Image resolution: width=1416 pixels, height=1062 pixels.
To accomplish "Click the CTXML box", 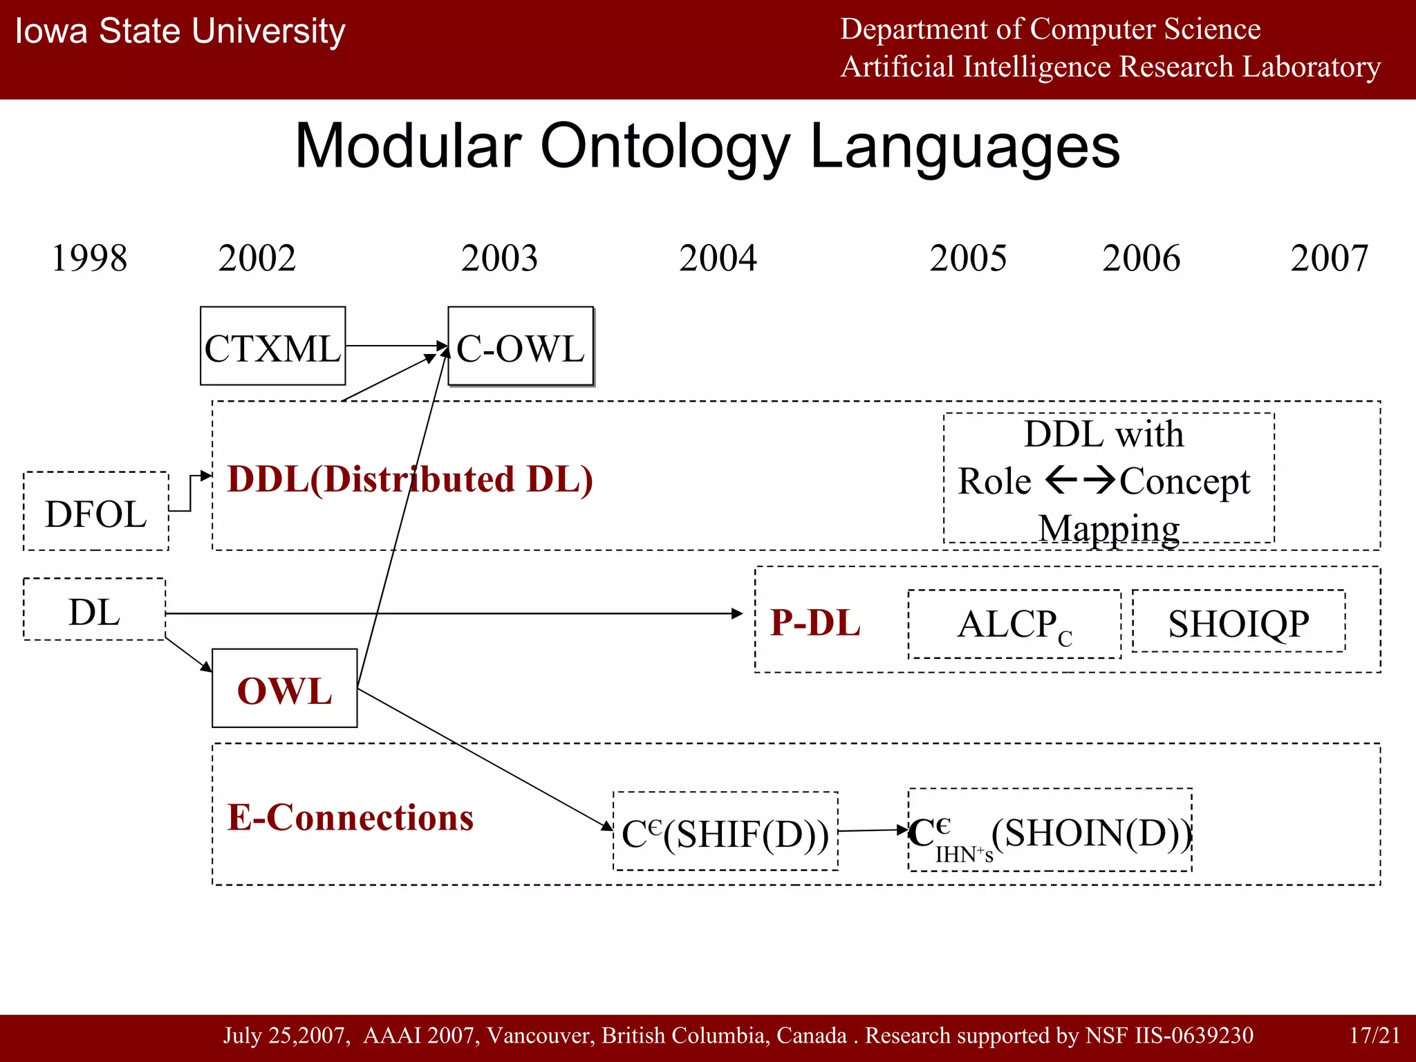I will click(x=272, y=346).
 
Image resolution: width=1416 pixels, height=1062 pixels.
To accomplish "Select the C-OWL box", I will click(x=521, y=346).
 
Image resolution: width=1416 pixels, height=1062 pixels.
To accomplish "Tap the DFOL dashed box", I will click(x=96, y=512).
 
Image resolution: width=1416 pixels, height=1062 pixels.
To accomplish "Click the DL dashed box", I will click(x=95, y=611).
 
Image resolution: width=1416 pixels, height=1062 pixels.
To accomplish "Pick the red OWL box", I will click(x=284, y=689).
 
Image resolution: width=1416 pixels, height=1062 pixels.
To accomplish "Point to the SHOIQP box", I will click(x=1238, y=622).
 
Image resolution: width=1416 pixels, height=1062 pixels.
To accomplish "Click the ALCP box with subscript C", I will click(x=1014, y=624).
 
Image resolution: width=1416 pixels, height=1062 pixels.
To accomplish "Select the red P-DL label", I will click(x=815, y=622).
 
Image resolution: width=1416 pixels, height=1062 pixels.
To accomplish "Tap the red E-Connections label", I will click(x=351, y=817).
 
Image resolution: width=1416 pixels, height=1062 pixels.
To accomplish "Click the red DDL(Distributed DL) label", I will click(x=410, y=479).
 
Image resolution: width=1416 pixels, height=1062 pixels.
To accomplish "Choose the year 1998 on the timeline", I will click(x=89, y=259).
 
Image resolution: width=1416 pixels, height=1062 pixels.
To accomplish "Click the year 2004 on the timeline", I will click(x=718, y=259).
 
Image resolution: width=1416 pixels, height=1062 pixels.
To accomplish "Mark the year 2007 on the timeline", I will click(x=1329, y=259).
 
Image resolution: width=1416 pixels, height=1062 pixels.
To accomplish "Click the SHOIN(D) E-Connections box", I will click(x=1050, y=831).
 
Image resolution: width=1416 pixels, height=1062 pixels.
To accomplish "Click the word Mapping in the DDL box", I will click(x=1109, y=529).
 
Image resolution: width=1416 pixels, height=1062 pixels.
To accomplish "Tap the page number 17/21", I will click(x=1375, y=1036).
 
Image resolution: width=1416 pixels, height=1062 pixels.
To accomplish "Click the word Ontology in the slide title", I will click(x=664, y=147).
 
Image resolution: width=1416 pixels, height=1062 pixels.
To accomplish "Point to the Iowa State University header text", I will click(x=180, y=32).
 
